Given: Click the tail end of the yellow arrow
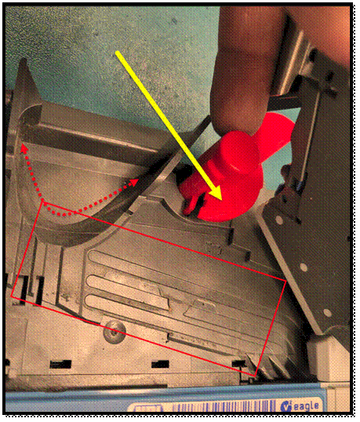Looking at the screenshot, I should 117,53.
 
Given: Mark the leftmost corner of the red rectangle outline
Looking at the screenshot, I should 11,296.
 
